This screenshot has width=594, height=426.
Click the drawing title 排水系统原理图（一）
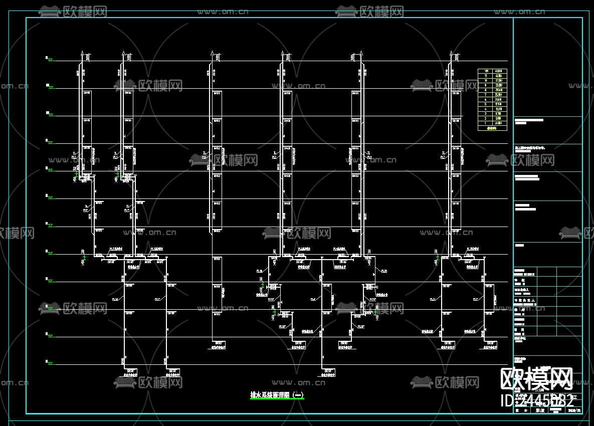click(277, 395)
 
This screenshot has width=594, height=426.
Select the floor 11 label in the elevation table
click(485, 76)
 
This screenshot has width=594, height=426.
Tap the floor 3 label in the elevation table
click(485, 114)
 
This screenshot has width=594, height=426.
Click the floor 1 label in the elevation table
click(485, 123)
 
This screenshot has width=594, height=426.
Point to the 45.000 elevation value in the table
click(500, 71)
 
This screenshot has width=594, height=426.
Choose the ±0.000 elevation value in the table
click(500, 123)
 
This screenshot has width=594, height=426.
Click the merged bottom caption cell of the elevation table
click(492, 128)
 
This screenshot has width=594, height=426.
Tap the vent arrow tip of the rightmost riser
click(451, 52)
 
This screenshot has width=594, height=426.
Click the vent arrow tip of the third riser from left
click(212, 52)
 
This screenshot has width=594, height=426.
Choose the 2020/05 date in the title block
click(574, 410)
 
